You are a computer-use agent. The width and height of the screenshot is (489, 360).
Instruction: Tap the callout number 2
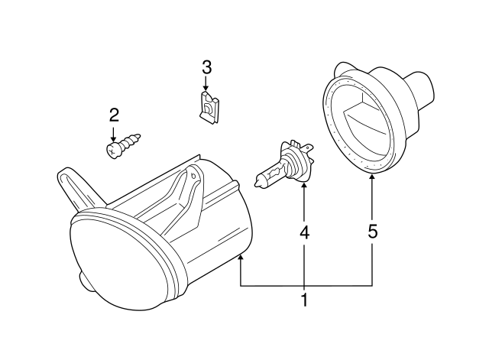tap(114, 115)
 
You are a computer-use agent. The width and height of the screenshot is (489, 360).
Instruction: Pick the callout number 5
tap(372, 232)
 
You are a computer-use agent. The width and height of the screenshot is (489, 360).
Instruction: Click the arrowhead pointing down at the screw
tap(114, 135)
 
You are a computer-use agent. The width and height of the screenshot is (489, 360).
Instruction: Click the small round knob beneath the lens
tap(82, 284)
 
